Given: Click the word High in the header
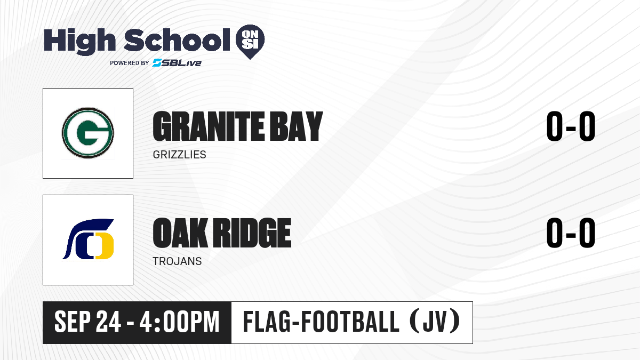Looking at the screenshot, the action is coord(79,42).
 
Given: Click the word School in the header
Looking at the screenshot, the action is coord(177,40).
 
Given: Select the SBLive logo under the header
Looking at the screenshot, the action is coord(177,62).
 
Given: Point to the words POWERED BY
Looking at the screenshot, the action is coord(130,63).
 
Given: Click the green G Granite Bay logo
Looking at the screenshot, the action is coord(88,133).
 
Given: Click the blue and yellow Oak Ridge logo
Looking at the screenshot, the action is coord(88,239).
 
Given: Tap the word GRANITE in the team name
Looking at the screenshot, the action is coord(209,126).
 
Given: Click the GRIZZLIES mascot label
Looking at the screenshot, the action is coord(179,155).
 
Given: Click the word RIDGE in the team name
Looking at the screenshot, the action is coord(253,233).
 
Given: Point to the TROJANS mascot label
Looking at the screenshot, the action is coord(177,261).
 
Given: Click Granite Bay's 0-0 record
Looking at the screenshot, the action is coord(571,126).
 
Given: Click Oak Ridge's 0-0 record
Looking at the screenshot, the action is coord(571,233).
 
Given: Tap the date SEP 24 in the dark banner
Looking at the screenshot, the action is coord(87,322).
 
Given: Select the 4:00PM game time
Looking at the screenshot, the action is coord(179,322).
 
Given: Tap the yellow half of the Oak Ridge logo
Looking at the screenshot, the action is coord(105,246).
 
